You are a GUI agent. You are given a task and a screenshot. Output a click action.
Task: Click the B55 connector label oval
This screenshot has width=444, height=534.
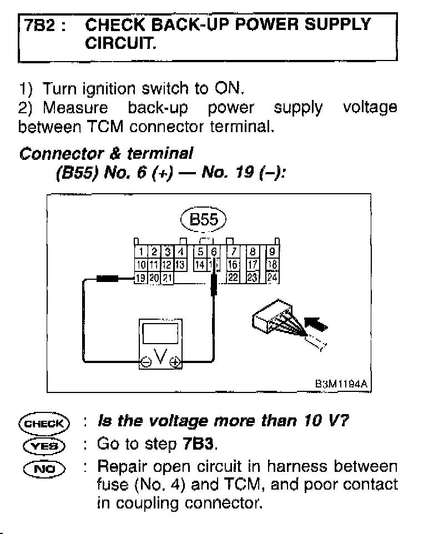[203, 220]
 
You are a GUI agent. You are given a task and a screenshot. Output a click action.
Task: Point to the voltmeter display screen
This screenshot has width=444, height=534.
[159, 335]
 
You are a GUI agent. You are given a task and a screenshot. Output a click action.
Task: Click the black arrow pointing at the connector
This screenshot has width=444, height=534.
[314, 323]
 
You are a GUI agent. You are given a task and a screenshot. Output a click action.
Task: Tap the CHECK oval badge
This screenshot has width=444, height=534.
[43, 422]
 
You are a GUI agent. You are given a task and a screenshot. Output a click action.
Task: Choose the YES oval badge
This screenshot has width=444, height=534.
[43, 445]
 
